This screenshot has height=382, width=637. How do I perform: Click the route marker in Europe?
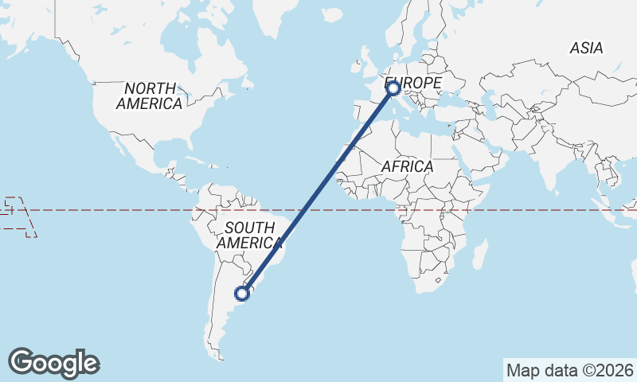click(x=393, y=88)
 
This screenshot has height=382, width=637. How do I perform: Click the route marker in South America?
click(x=243, y=293)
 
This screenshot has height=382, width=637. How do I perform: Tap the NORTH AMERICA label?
click(x=149, y=95)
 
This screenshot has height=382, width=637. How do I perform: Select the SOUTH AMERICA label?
click(x=249, y=236)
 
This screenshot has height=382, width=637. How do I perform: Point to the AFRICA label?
click(x=407, y=167)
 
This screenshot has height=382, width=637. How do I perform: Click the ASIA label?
click(x=586, y=49)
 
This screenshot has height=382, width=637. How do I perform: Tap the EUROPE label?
click(x=413, y=83)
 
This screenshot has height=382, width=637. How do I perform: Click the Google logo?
click(x=53, y=363)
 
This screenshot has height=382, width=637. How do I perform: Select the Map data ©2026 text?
click(x=569, y=370)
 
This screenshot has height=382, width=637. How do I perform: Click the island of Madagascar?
click(x=480, y=255)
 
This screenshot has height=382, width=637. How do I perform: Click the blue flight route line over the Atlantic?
click(x=318, y=190)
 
